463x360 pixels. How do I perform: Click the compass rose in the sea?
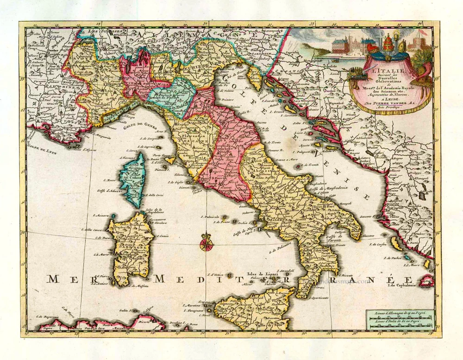(206, 243)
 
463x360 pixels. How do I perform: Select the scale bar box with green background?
(400, 320)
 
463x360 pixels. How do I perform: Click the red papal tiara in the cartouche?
(388, 49)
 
